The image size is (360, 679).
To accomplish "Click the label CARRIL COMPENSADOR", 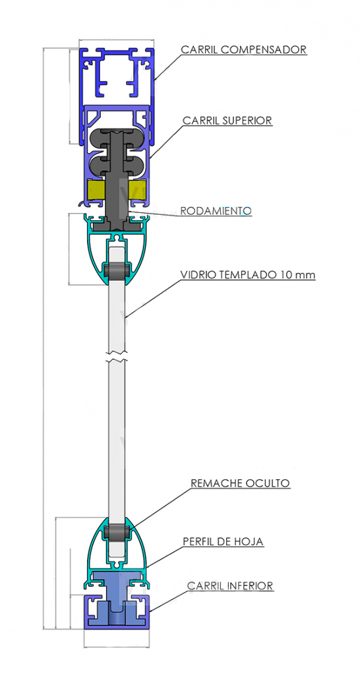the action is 244,49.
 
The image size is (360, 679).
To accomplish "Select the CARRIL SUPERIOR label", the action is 227,120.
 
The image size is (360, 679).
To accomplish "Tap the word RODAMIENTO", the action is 216,211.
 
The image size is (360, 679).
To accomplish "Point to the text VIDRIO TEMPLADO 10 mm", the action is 248,274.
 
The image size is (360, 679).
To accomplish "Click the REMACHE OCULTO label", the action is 240,483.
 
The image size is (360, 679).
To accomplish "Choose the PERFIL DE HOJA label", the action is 223,541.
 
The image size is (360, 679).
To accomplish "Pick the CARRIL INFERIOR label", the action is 230,586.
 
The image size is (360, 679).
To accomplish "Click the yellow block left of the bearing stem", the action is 96,191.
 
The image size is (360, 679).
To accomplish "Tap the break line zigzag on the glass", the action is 117,359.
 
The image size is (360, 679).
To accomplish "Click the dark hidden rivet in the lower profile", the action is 117,532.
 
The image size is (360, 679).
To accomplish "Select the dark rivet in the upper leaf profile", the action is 117,271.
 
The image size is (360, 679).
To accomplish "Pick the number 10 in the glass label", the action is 285,274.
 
